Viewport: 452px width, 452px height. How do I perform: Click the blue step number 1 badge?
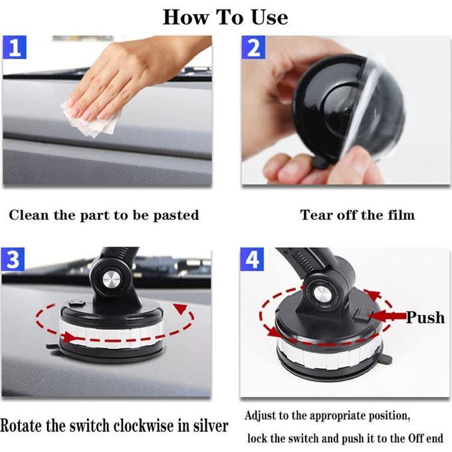click(x=15, y=47)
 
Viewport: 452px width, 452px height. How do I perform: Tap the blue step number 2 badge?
click(x=253, y=47)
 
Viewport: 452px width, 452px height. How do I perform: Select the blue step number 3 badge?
click(x=13, y=259)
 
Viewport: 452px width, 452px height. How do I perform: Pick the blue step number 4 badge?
click(x=252, y=259)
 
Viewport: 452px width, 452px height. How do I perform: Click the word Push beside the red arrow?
click(x=425, y=318)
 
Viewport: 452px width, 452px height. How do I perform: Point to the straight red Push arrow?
click(x=387, y=316)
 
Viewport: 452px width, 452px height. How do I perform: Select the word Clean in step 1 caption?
click(x=29, y=215)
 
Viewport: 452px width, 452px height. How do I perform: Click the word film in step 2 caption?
click(x=401, y=215)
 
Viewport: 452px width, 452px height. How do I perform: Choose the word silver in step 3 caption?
click(x=211, y=426)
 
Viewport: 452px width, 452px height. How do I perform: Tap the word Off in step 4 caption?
click(x=415, y=439)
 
